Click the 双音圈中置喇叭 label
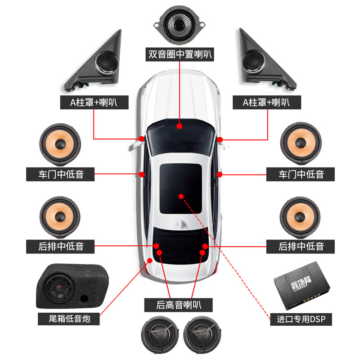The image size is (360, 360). pyautogui.click(x=180, y=55)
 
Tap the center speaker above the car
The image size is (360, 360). pyautogui.click(x=180, y=22)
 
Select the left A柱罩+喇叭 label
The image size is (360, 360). pyautogui.click(x=94, y=102)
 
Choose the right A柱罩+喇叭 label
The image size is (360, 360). pyautogui.click(x=266, y=102)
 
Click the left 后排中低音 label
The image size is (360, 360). pyautogui.click(x=61, y=246)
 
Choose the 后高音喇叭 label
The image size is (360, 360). pyautogui.click(x=179, y=305)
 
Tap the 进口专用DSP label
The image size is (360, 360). pyautogui.click(x=301, y=319)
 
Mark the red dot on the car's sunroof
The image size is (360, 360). pyautogui.click(x=180, y=196)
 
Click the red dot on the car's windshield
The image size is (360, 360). pyautogui.click(x=179, y=126)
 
